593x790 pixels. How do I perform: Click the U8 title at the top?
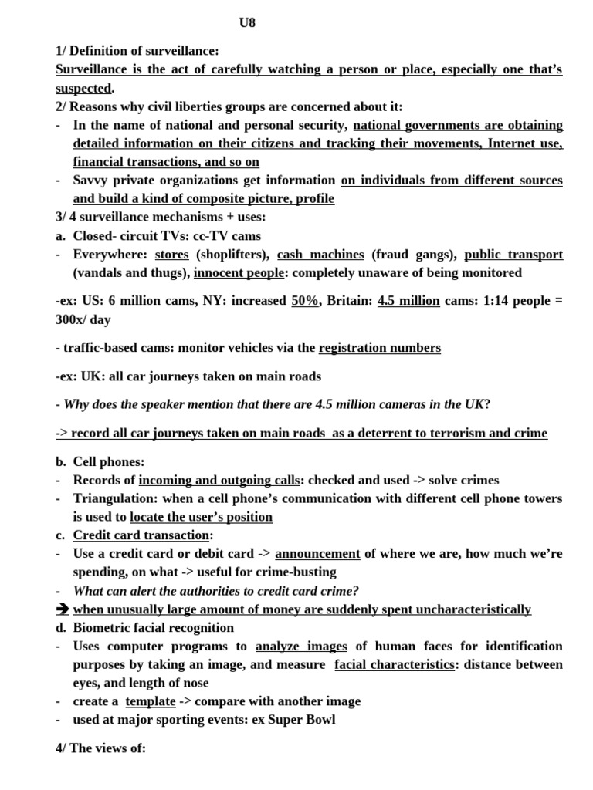pyautogui.click(x=246, y=23)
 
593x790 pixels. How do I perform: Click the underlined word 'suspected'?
pyautogui.click(x=83, y=88)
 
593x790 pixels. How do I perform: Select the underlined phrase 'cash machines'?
pyautogui.click(x=320, y=254)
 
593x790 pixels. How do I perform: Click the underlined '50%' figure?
pyautogui.click(x=305, y=301)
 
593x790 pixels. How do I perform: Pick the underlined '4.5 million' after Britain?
pyautogui.click(x=408, y=301)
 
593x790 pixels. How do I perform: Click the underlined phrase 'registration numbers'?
pyautogui.click(x=379, y=348)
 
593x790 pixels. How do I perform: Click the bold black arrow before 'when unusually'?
pyautogui.click(x=63, y=609)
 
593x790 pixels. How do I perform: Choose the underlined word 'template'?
pyautogui.click(x=150, y=701)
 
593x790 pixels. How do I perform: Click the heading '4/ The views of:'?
pyautogui.click(x=100, y=748)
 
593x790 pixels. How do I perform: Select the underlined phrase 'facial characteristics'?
pyautogui.click(x=394, y=664)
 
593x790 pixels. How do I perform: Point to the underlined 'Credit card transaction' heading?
pyautogui.click(x=141, y=535)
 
